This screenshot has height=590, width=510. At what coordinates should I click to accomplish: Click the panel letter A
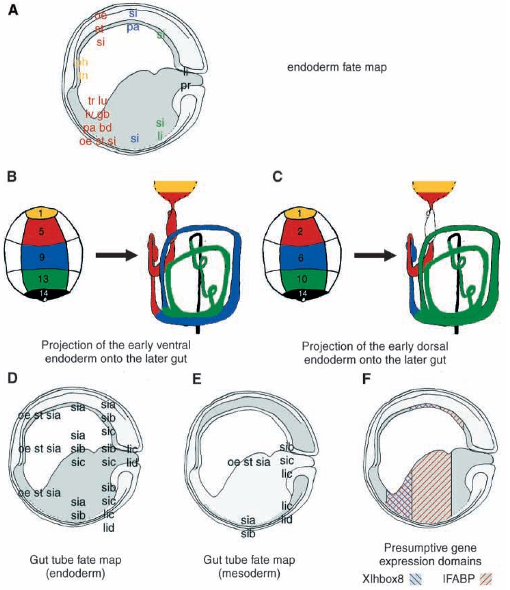[14, 10]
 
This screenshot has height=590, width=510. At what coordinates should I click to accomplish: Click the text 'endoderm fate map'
[337, 67]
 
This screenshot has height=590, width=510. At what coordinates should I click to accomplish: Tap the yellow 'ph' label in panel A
[81, 62]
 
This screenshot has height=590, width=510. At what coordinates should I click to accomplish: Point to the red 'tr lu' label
[97, 100]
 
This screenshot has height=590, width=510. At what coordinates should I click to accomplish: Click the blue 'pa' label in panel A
[133, 27]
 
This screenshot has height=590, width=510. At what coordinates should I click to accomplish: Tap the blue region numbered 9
[42, 256]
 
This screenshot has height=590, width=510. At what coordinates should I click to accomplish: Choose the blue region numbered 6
[303, 256]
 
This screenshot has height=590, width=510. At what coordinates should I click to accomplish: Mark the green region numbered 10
[303, 279]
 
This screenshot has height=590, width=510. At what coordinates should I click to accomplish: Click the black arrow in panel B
[116, 255]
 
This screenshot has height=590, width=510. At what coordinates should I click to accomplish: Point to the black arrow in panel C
[375, 255]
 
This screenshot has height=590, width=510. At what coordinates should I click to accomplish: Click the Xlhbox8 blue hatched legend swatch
[417, 579]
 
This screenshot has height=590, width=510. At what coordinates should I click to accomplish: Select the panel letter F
[367, 379]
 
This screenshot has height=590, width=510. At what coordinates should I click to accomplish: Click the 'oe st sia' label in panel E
[249, 463]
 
